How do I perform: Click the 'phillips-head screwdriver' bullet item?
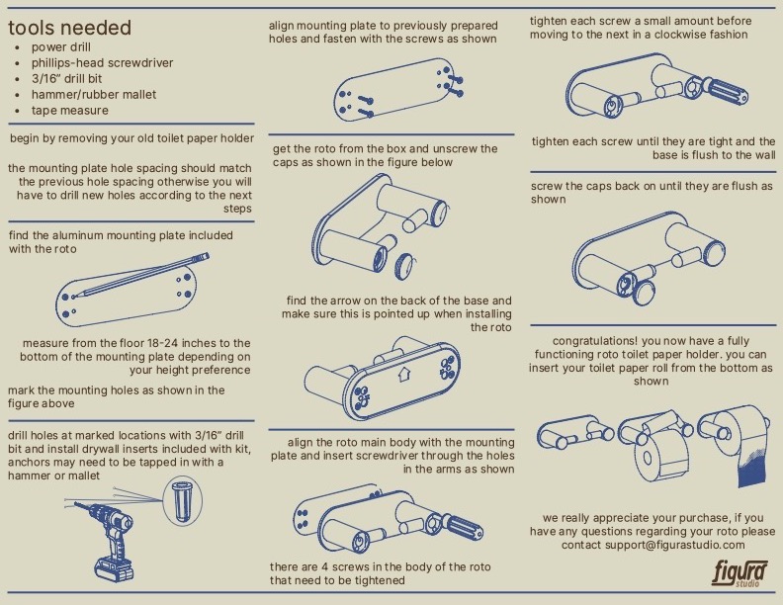(x=102, y=63)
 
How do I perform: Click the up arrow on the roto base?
(x=402, y=376)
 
